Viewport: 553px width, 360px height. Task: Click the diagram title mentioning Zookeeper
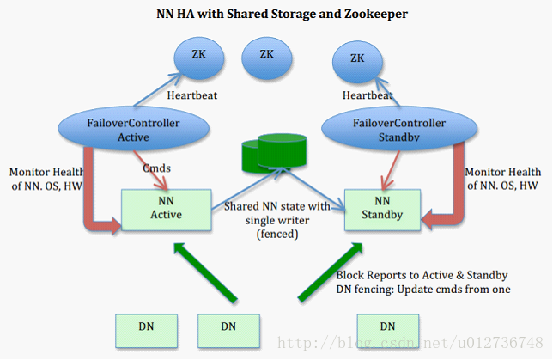276,14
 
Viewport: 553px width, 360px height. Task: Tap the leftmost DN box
147,326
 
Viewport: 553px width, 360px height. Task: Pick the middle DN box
228,326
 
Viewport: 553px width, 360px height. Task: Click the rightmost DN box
387,326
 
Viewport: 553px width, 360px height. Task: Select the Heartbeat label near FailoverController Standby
368,95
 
